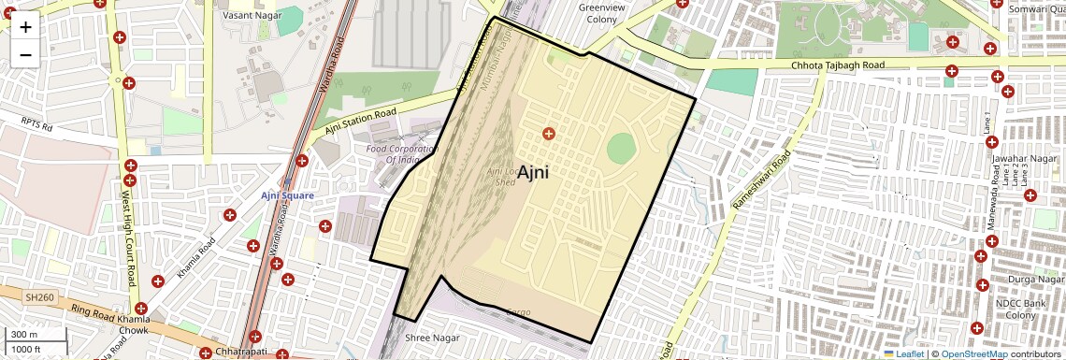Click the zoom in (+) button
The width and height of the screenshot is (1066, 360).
25,27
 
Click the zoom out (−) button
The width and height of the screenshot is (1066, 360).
25,54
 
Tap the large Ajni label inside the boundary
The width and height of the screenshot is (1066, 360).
532,172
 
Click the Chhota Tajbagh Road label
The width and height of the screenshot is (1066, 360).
837,65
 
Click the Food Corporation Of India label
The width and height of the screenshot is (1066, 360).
402,154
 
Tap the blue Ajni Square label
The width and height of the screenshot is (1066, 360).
287,195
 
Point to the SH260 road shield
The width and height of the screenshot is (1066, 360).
36,296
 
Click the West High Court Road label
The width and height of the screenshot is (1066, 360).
126,225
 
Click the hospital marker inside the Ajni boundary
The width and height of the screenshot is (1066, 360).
549,135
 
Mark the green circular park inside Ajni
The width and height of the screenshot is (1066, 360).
621,148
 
